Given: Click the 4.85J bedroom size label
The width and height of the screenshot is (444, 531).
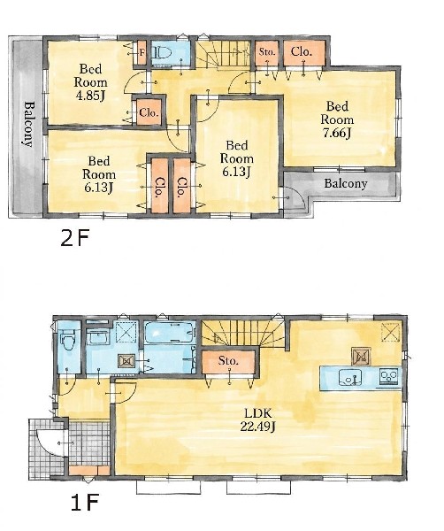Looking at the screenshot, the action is [x=90, y=96].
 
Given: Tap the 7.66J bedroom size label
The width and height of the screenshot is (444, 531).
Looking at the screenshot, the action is [x=337, y=133].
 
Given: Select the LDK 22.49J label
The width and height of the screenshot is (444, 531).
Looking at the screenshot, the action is [x=258, y=419].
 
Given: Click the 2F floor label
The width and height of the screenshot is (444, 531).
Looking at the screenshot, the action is [x=75, y=239].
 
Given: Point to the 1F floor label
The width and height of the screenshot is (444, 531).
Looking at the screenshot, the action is [x=85, y=503].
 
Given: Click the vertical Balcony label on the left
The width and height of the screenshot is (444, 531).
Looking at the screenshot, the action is [x=29, y=124].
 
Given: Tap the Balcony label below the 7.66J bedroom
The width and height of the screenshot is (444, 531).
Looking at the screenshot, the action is [x=346, y=183].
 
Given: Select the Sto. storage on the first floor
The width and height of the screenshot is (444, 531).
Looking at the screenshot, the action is [x=228, y=362].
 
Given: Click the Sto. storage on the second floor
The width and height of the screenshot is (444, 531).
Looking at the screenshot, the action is [x=267, y=53].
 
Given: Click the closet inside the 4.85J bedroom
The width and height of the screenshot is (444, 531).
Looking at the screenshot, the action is [x=149, y=112].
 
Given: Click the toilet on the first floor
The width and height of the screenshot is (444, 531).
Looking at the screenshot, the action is [x=69, y=340].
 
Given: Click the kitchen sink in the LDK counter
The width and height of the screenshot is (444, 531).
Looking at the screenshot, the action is [x=350, y=377].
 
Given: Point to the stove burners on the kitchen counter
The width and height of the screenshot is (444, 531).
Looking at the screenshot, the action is [x=389, y=377].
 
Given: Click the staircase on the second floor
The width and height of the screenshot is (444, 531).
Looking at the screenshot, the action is [x=225, y=55].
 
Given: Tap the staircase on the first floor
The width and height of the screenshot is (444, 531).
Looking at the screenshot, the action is [x=243, y=334].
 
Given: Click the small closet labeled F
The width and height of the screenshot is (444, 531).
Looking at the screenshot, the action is [x=142, y=53].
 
